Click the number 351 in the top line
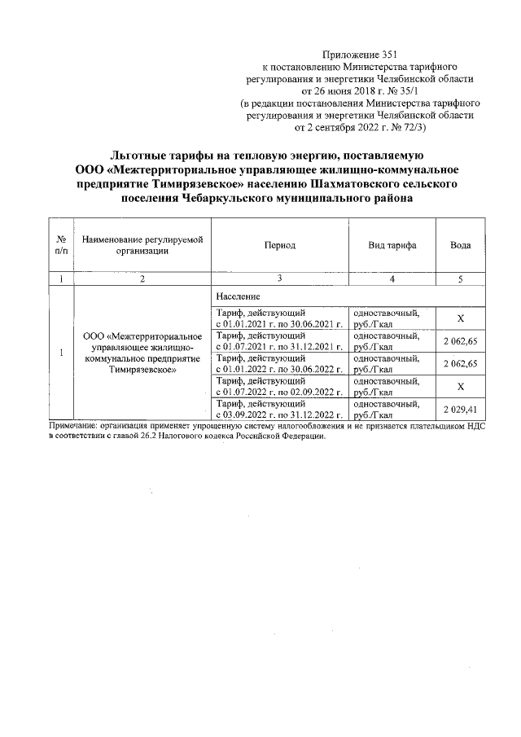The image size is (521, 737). point(392,52)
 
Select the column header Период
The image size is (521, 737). point(279,244)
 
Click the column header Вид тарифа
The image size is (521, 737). point(392,244)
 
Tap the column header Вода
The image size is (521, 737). point(461,244)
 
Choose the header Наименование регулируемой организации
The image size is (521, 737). point(142,244)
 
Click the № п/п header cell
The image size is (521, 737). point(61,244)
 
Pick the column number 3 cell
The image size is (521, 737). point(279,279)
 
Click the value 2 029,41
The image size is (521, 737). point(461,410)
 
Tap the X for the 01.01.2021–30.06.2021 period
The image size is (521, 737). point(461,318)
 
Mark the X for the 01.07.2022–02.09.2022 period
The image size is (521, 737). point(461,387)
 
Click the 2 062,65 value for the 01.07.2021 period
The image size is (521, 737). point(461,341)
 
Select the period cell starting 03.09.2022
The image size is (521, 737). point(278,410)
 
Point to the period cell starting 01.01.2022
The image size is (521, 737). point(278,364)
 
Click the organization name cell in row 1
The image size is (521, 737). point(142,353)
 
